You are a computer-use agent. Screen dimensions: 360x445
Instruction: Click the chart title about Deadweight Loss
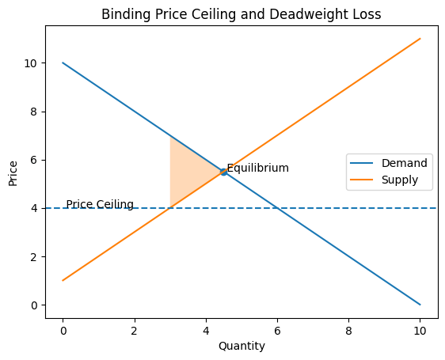point(241,13)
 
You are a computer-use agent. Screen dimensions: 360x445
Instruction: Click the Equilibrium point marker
point(223,172)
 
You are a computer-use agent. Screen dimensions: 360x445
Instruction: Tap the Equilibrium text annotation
point(257,169)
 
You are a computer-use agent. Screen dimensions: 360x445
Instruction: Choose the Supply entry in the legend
point(404,180)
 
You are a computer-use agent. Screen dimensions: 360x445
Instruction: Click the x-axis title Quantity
point(241,346)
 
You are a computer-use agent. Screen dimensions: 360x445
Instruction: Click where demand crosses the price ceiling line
point(277,208)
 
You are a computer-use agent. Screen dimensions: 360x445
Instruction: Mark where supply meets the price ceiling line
point(170,208)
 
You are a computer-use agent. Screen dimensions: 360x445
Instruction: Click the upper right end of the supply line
point(420,39)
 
